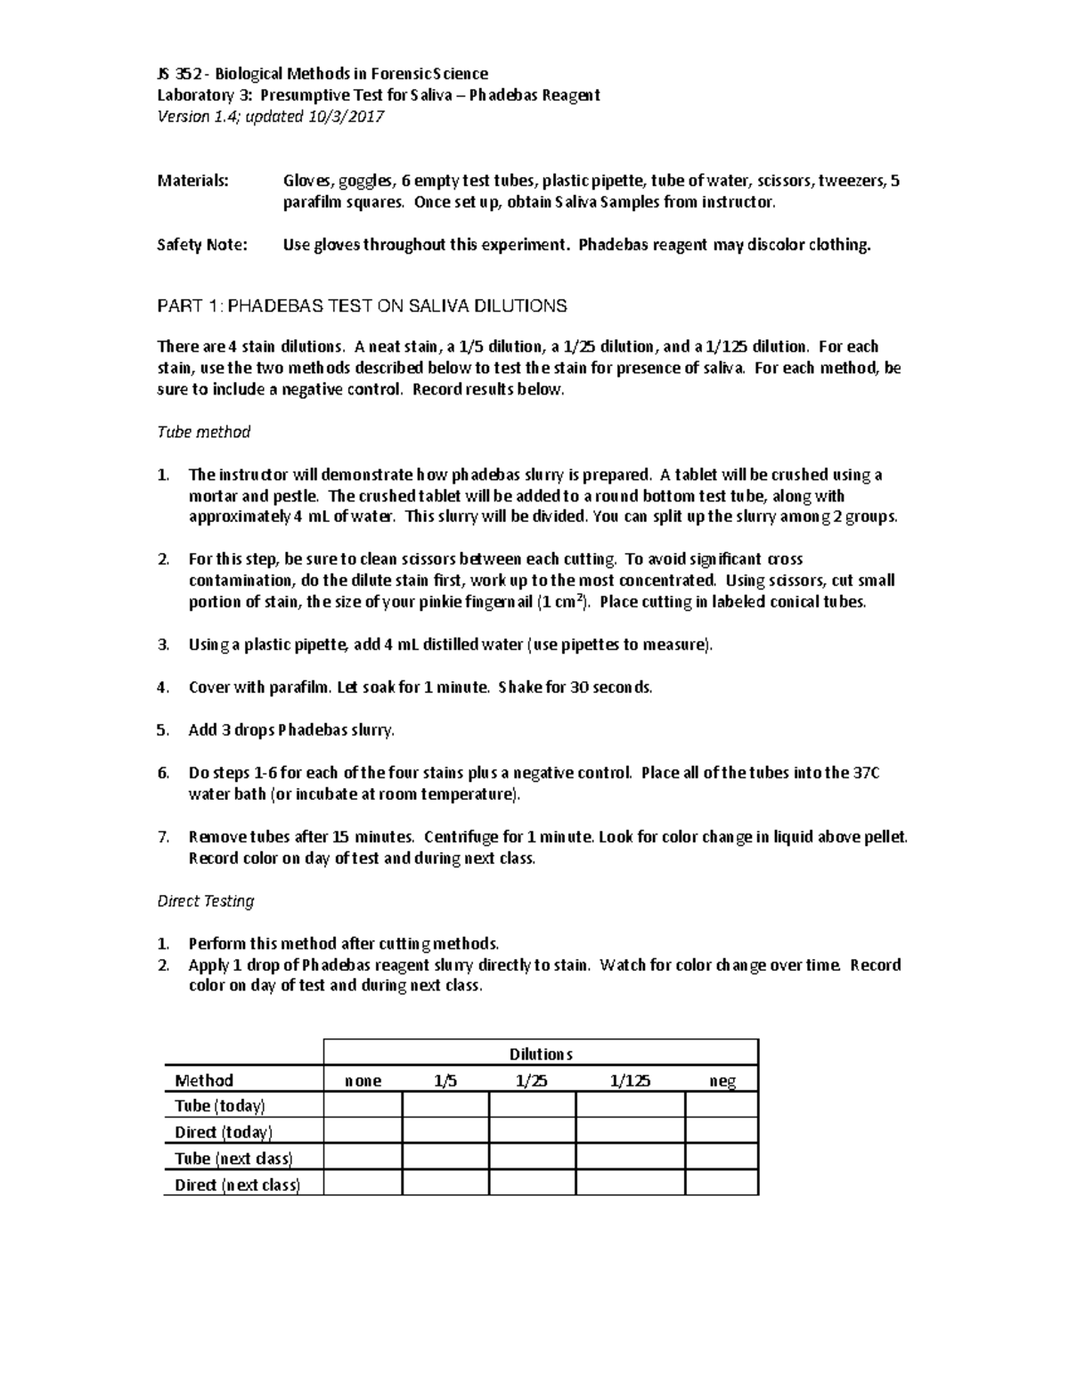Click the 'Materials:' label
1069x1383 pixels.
click(192, 181)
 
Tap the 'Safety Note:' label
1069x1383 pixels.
click(202, 245)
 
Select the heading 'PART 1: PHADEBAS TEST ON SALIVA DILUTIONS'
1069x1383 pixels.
click(362, 306)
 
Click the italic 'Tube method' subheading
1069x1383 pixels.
click(203, 432)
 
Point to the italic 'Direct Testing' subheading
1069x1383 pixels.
click(206, 901)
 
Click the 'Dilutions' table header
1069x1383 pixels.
click(540, 1054)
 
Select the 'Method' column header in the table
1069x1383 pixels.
click(204, 1080)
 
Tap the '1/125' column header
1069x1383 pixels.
click(630, 1080)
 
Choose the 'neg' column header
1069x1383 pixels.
click(722, 1080)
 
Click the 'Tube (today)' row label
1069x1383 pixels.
click(220, 1106)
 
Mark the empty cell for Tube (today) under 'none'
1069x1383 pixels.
click(363, 1106)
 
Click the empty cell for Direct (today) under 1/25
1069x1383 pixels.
click(532, 1132)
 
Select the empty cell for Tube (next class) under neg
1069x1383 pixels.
click(722, 1158)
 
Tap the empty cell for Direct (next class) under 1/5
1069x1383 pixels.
click(445, 1184)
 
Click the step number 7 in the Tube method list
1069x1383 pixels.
click(162, 837)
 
